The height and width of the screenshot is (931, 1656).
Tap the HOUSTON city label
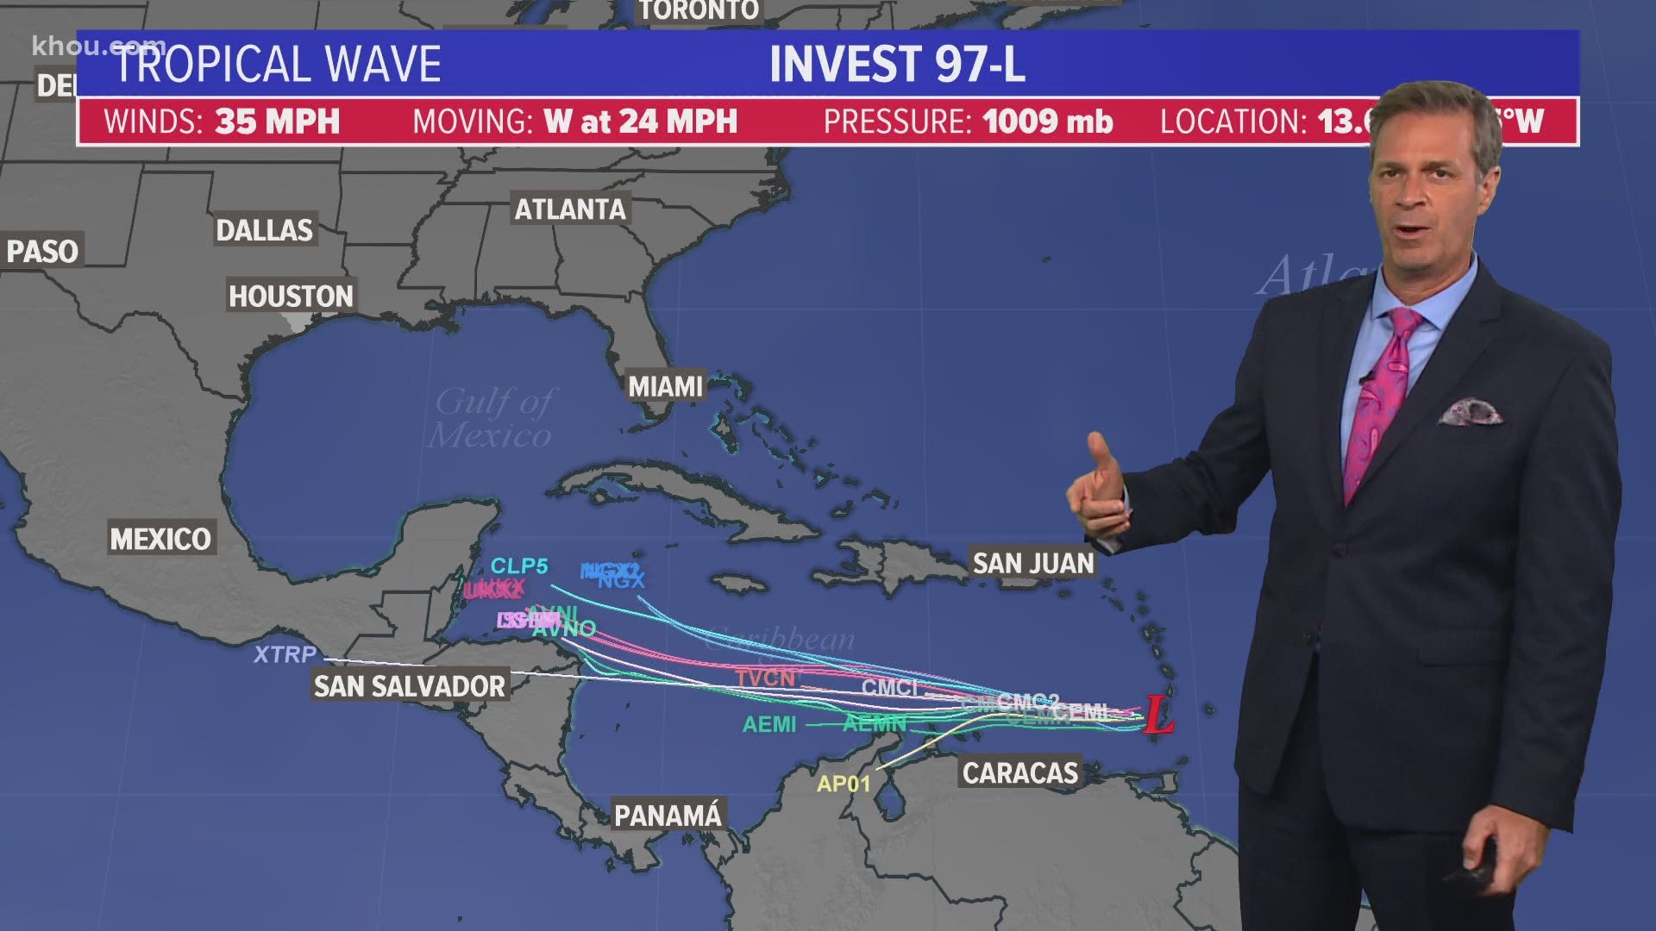(x=291, y=297)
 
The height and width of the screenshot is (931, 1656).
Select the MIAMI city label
(x=665, y=387)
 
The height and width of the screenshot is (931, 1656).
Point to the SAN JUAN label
(x=1032, y=564)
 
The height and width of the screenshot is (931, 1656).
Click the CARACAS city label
(x=1019, y=773)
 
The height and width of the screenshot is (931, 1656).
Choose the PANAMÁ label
(x=668, y=815)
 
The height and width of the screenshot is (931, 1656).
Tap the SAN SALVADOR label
(x=409, y=686)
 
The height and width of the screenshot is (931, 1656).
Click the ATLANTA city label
(x=570, y=209)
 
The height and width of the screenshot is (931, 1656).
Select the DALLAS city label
(x=264, y=230)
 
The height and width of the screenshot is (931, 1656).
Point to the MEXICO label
(x=160, y=540)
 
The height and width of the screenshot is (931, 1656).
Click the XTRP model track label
(x=285, y=654)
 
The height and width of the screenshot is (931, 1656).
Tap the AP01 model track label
(x=844, y=784)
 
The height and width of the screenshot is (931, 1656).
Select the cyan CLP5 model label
(x=519, y=566)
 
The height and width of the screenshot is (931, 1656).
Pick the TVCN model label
(x=765, y=678)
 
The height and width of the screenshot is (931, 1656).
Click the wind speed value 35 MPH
(x=277, y=122)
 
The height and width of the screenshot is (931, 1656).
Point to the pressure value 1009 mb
(x=1047, y=122)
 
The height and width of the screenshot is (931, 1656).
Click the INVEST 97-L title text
(x=897, y=64)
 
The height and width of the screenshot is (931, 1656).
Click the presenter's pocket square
(x=1470, y=411)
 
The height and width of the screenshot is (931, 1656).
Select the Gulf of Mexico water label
(x=492, y=418)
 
